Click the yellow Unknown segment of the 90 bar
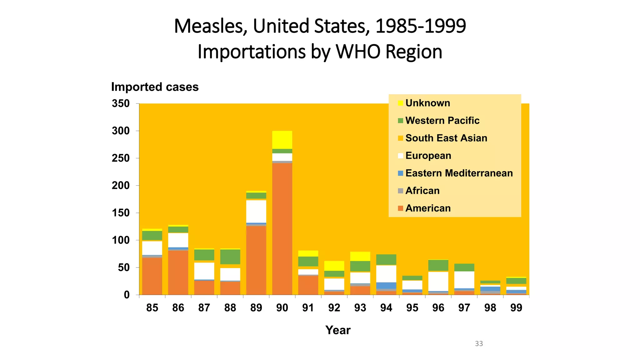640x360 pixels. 282,140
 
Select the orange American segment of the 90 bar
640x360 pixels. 282,228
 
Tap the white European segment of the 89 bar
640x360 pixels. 256,211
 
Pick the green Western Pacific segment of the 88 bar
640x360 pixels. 230,257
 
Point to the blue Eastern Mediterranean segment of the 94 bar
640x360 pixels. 386,285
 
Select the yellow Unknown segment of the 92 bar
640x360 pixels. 334,266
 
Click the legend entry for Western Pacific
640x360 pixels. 442,121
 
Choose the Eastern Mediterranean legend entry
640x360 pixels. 459,173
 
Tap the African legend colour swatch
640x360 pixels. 401,191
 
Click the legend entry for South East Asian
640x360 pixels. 446,138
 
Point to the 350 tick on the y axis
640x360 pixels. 121,103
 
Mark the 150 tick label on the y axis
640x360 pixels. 121,213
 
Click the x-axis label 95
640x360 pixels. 412,308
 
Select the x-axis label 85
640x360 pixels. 152,308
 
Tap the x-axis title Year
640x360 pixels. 338,330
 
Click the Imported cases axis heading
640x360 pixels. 155,87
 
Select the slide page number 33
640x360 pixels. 479,344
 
